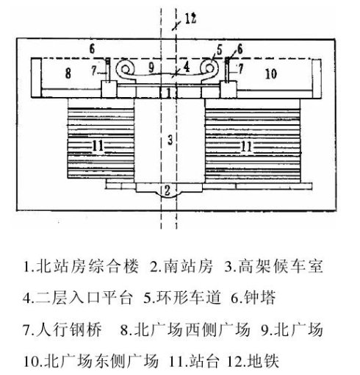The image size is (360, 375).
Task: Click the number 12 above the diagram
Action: pos(190,18)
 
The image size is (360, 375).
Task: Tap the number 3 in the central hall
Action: pos(170,140)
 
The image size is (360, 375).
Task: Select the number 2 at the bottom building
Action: pos(168,190)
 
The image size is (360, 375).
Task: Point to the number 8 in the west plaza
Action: pos(68,73)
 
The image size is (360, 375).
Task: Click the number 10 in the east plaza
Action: pos(271,74)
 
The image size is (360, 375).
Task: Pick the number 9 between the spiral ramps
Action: pos(152,68)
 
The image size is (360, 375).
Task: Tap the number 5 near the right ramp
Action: pos(219,50)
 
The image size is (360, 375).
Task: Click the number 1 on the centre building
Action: pos(168,93)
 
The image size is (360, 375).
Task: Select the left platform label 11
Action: pos(98,146)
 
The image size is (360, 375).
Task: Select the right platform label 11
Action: pos(246,146)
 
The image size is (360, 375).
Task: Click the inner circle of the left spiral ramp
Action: pos(125,70)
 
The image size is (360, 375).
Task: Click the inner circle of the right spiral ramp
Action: pos(209,69)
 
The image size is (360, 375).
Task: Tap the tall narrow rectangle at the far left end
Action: pos(36,78)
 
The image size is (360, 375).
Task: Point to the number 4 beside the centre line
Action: pos(187,67)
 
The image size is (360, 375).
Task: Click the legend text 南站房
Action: pos(188,266)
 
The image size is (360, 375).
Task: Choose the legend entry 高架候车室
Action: pos(280,266)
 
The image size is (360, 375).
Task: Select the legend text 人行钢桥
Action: pos(69,329)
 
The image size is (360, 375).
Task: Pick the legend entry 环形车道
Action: pos(189,298)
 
